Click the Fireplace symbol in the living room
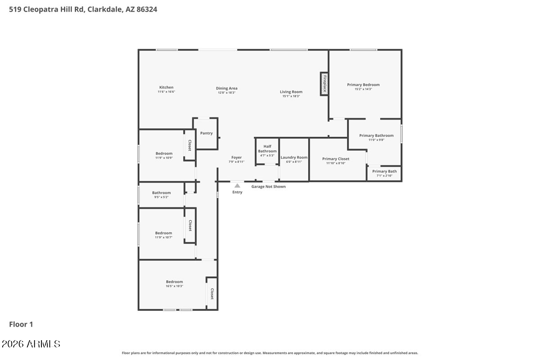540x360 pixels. coord(324,84)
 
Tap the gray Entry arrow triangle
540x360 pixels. coord(237,185)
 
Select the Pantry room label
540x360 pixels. coord(207,133)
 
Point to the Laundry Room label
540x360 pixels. coord(294,157)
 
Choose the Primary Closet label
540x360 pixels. coord(336,159)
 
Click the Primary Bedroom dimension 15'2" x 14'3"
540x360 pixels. coord(363,89)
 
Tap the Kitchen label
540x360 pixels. coord(166,87)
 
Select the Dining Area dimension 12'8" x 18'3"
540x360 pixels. coord(226,93)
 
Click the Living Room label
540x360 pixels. coord(291,92)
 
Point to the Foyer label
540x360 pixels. coord(236,157)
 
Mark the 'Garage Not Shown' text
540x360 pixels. coord(268,186)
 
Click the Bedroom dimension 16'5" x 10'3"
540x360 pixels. coord(174,286)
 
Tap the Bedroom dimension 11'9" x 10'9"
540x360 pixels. coord(164,158)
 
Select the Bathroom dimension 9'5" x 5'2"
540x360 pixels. coord(161,197)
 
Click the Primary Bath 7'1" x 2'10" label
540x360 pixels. coord(384,173)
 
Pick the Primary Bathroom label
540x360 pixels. coord(376,135)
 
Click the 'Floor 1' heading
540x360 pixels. coord(21,324)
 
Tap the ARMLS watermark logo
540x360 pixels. coord(31,344)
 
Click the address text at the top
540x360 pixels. coord(83,9)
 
